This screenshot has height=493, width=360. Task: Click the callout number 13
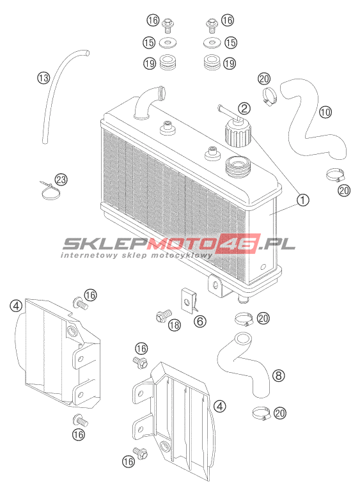coord(43,77)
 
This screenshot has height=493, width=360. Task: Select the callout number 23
coord(61,180)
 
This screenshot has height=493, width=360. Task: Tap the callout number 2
coord(244,109)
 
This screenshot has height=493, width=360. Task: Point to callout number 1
coord(303,200)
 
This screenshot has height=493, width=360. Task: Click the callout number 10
coord(325,112)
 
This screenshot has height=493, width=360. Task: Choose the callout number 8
coord(279,375)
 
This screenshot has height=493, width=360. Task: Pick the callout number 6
coord(200,321)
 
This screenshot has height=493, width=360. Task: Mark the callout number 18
coord(174,325)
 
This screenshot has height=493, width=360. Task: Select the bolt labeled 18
coord(164,315)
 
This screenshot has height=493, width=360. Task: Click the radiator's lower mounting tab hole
coord(215,285)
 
